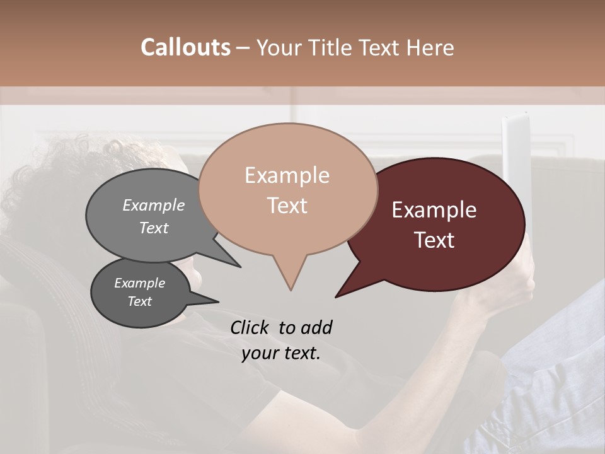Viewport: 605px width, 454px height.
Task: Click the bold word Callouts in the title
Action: tap(185, 47)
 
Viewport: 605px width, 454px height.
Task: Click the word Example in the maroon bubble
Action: tap(434, 210)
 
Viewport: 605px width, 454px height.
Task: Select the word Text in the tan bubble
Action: tap(287, 206)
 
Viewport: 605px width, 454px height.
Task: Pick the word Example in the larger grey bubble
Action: tap(154, 205)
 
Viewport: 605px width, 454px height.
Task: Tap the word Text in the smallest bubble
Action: tap(140, 301)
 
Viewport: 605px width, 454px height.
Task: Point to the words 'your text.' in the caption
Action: tap(281, 353)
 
